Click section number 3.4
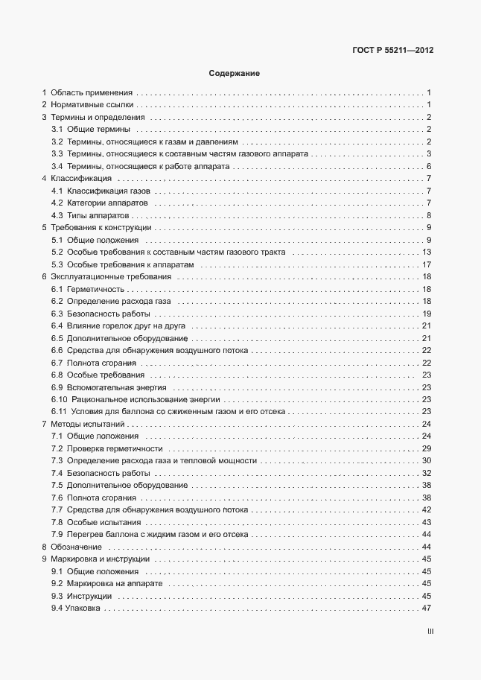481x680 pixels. coord(57,166)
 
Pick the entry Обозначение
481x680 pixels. coord(77,547)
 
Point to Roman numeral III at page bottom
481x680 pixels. coord(430,632)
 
